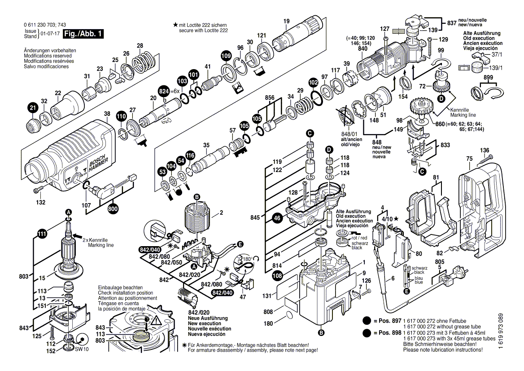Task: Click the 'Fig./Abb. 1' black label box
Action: tap(83, 34)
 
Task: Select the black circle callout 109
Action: tap(227, 56)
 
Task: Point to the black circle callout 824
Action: tap(165, 91)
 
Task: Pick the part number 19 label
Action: tap(287, 21)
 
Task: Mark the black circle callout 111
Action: tap(42, 234)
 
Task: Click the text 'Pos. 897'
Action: tap(389, 321)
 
